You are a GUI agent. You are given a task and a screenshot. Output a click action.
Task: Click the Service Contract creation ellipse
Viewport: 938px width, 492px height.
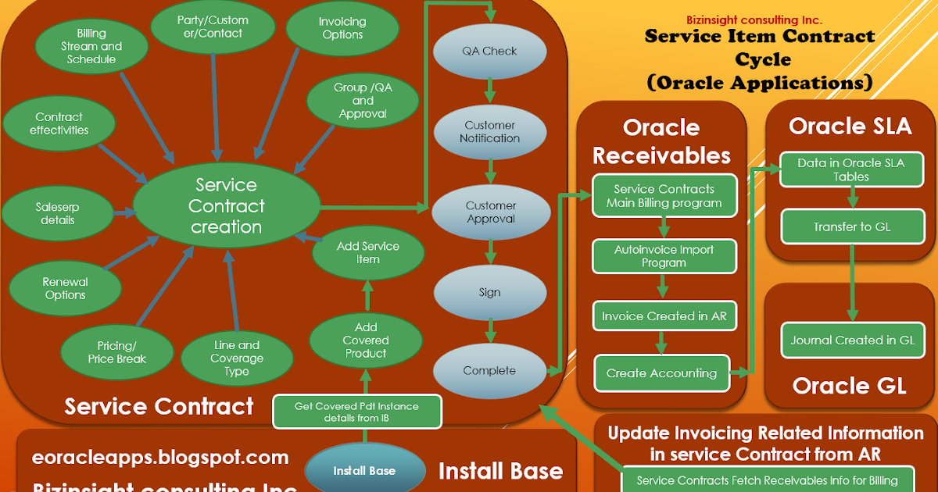(227, 206)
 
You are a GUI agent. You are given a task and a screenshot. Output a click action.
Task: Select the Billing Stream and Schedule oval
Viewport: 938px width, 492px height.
(91, 46)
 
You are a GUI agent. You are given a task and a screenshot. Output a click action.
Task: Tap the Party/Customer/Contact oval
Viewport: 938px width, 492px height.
(214, 27)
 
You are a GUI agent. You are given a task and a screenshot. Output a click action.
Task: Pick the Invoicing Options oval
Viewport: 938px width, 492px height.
(342, 28)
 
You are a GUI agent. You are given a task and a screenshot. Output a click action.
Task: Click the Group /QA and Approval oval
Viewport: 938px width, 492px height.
(363, 101)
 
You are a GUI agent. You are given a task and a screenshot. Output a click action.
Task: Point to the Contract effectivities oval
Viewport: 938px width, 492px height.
(59, 124)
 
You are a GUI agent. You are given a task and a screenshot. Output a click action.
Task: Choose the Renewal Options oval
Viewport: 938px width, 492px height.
(66, 288)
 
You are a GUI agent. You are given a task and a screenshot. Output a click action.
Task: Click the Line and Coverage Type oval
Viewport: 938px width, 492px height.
(237, 358)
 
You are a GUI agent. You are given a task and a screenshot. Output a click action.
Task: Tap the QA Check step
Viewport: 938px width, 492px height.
(489, 51)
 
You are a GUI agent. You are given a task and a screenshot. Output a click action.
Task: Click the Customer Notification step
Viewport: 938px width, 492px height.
(489, 131)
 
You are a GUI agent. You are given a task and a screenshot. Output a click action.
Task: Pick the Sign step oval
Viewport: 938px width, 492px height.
(489, 292)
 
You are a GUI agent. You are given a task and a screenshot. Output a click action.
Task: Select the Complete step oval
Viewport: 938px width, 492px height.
(489, 370)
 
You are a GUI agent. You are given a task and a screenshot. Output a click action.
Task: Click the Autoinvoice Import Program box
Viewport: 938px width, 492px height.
(664, 256)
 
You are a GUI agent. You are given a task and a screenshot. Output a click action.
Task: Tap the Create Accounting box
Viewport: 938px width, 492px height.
(661, 373)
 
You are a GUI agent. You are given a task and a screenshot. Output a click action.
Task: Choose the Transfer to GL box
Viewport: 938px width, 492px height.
(851, 227)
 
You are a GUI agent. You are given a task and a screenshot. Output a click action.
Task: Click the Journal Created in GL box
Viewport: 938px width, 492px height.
(852, 340)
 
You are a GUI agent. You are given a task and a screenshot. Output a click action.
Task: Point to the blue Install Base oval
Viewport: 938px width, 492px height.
(364, 470)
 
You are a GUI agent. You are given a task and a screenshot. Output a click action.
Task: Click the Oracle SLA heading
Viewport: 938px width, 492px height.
(850, 126)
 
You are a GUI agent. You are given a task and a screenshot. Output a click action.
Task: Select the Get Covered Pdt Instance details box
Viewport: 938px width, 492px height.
(356, 412)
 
